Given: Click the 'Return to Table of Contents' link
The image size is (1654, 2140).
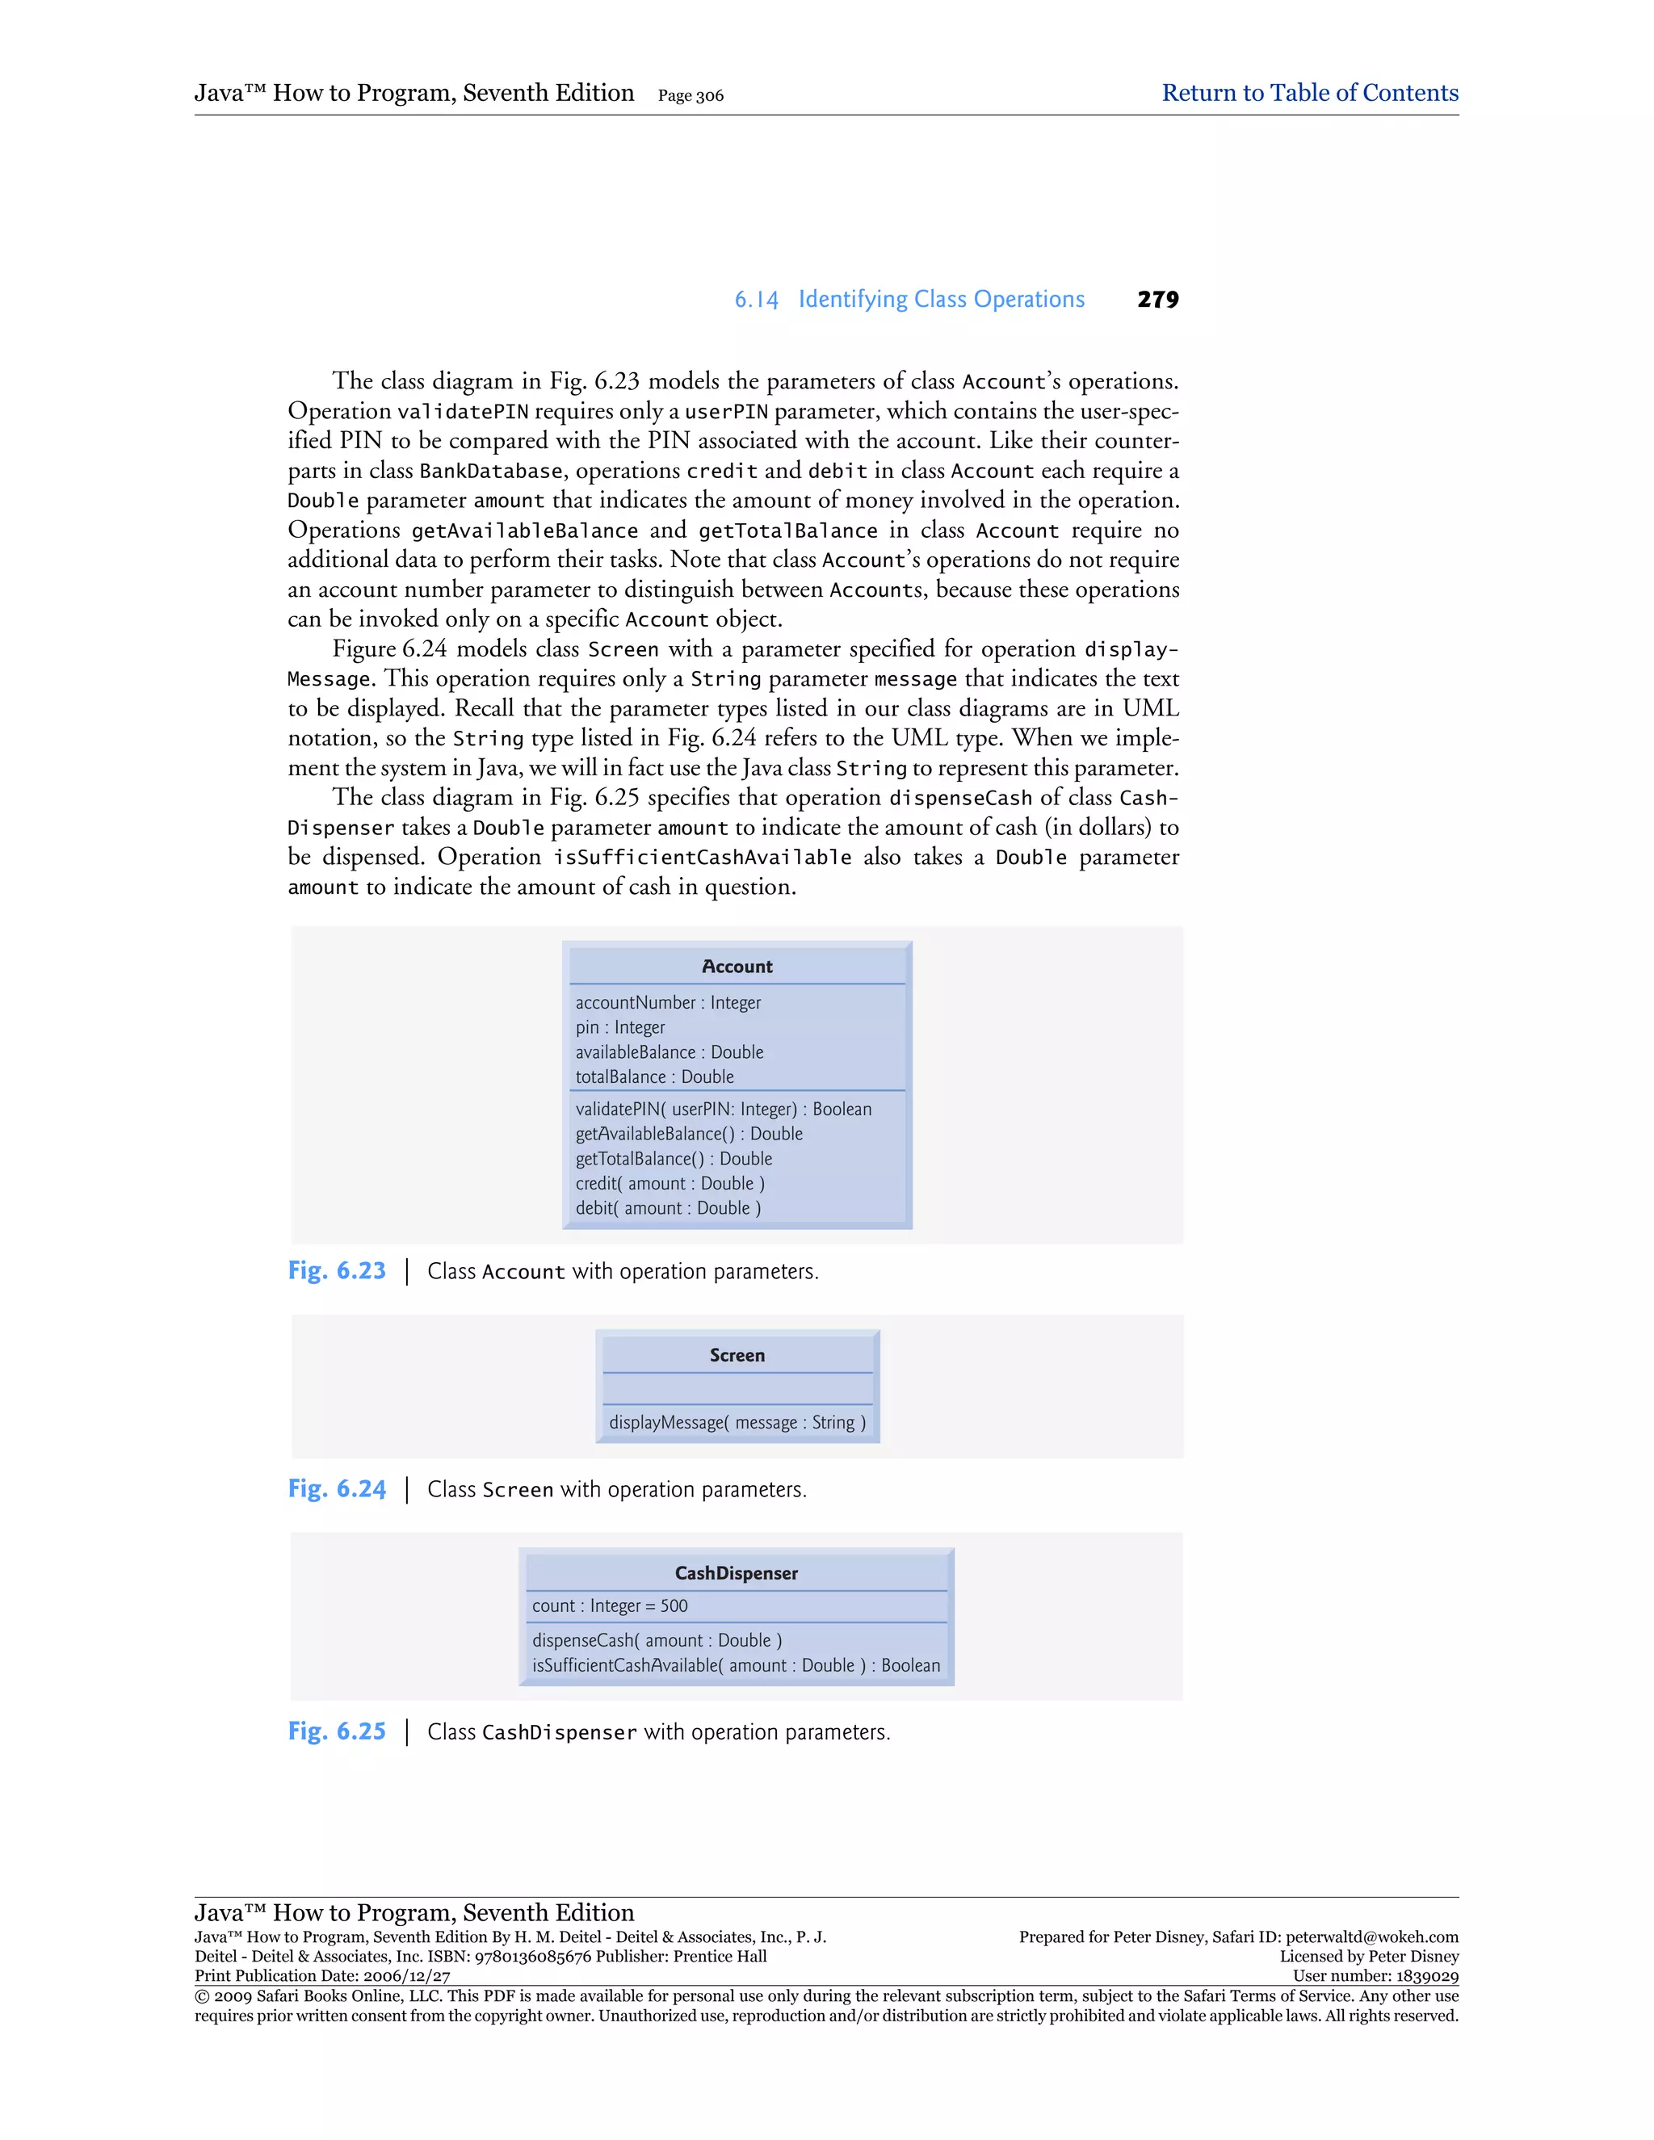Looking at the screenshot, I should [x=1309, y=93].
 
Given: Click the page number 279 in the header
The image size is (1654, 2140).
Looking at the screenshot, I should [x=1157, y=300].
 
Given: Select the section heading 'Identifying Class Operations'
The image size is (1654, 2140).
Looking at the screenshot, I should [x=941, y=300].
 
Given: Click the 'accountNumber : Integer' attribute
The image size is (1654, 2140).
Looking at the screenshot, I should [x=668, y=1002].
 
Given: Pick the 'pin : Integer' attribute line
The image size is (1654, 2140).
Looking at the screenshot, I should [x=620, y=1027].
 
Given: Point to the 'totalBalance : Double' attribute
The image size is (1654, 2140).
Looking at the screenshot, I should [x=654, y=1076].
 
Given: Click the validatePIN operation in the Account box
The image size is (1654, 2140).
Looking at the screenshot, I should [x=723, y=1110].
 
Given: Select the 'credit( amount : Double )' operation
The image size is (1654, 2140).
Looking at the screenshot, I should [x=670, y=1184].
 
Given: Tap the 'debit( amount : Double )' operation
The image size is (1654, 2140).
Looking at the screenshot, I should [x=668, y=1208].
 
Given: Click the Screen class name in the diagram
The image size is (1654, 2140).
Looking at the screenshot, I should [x=737, y=1356].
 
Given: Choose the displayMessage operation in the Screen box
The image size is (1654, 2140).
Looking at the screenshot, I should [x=737, y=1423].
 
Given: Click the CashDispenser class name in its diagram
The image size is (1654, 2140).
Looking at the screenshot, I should [x=736, y=1574].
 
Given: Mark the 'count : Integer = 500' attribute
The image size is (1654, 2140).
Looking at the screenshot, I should [x=610, y=1606].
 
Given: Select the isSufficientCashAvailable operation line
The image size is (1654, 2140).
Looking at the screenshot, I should [x=736, y=1666].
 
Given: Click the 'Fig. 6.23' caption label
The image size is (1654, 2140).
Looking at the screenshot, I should [x=337, y=1271].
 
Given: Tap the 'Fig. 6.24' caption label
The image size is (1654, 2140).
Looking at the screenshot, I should [x=337, y=1489].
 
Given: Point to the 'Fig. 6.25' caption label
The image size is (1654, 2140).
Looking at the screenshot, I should [x=337, y=1731].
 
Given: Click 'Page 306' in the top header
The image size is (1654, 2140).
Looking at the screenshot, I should [x=691, y=96].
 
